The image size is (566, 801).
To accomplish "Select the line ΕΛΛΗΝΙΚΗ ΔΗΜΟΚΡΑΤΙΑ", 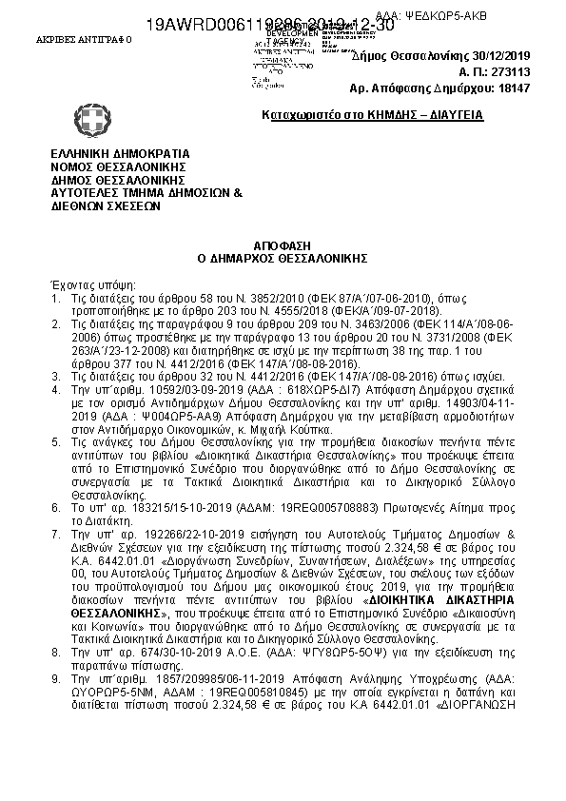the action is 120,153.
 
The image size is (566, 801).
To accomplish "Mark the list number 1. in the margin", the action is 55,298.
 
